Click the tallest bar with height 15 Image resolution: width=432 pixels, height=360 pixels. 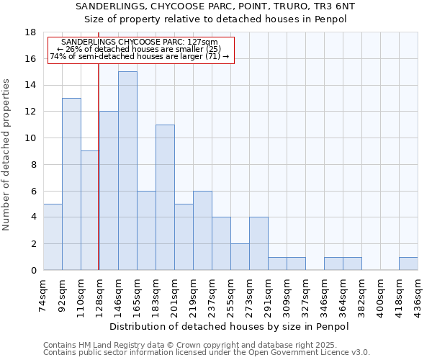tap(127, 171)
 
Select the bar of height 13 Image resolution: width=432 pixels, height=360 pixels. tap(71, 184)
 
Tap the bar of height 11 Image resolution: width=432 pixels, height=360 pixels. tap(165, 197)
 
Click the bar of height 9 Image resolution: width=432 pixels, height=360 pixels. tap(90, 210)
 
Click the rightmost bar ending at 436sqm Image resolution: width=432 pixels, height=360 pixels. tap(408, 264)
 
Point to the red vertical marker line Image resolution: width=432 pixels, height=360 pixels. tap(98, 180)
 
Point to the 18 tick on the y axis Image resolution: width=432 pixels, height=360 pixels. tap(30, 32)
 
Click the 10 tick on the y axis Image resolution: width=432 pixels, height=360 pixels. tap(30, 138)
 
